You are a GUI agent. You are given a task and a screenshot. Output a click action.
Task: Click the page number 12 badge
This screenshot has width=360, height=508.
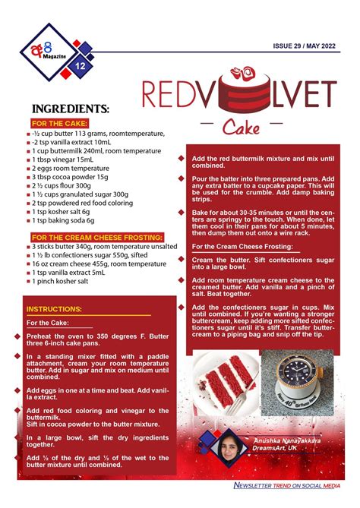click(x=80, y=66)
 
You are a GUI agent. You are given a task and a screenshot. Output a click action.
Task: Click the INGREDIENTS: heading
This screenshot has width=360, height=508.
click(x=71, y=109)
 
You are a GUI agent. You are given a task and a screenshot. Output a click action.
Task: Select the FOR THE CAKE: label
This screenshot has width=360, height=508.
click(x=60, y=122)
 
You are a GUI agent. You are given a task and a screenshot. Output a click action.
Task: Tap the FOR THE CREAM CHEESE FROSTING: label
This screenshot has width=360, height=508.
click(x=95, y=237)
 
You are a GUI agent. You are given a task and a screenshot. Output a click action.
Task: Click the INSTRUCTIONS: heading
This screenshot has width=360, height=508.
click(x=54, y=310)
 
